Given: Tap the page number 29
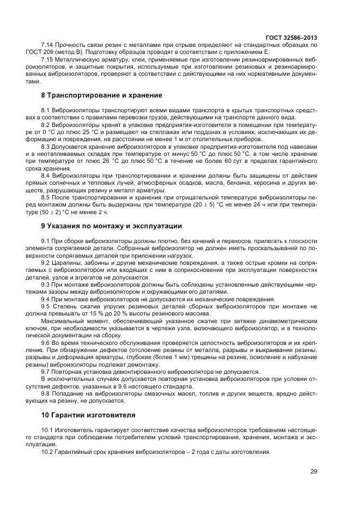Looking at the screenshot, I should pos(313,471).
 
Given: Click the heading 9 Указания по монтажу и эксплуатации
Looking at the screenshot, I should pos(112,226).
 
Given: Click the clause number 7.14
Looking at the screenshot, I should pos(48,44).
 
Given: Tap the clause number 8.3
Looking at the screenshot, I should pos(46,147).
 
